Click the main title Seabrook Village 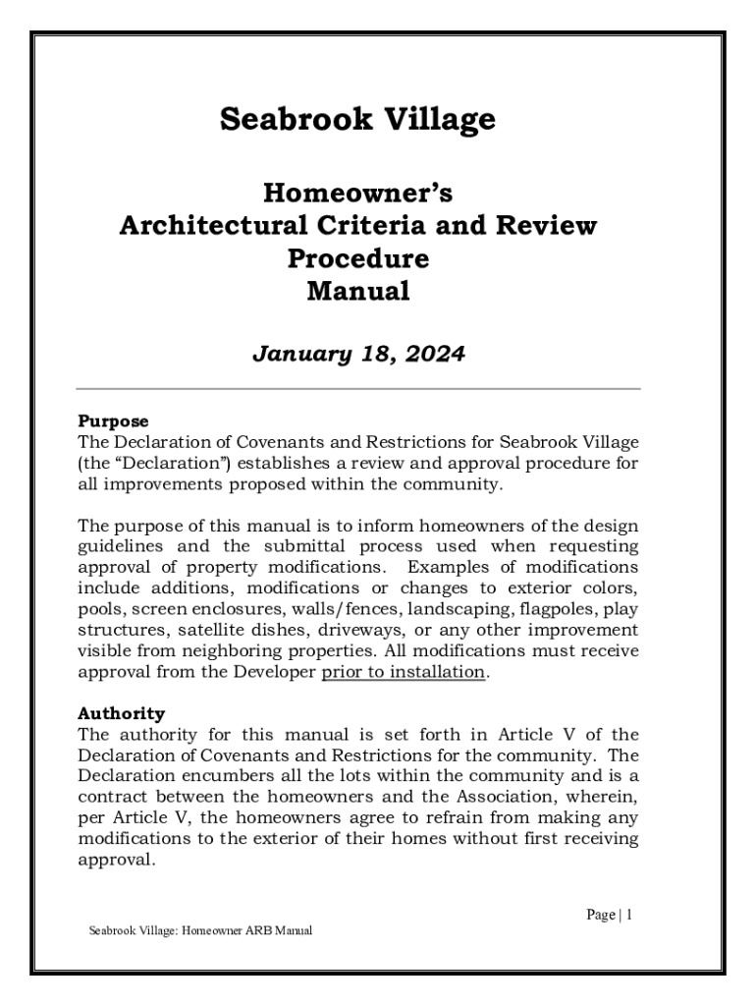357,120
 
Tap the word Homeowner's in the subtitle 357,192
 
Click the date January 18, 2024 357,354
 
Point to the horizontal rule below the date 357,389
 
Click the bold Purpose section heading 113,421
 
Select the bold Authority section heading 121,714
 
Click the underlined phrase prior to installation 404,672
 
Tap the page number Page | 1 609,915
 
